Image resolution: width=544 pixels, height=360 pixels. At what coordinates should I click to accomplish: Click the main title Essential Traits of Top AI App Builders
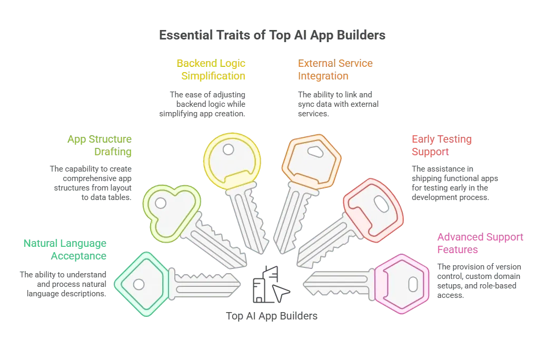tap(272, 35)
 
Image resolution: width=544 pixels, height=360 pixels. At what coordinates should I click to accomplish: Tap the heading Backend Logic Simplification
tap(211, 69)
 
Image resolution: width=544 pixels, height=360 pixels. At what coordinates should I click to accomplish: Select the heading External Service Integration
tap(335, 69)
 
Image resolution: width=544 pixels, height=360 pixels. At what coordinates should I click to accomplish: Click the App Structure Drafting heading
tap(100, 145)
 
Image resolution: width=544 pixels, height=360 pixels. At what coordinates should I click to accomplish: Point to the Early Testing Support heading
tap(442, 145)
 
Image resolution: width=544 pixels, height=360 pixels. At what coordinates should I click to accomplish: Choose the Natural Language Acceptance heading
tap(65, 249)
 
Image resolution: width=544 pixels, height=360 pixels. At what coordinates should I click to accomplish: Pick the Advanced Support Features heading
tap(480, 243)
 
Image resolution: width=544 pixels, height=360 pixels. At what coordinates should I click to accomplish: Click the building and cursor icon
tap(271, 284)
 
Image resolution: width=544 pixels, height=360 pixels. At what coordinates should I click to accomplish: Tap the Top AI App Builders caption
tap(272, 316)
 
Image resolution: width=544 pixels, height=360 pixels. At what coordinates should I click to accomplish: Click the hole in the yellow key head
tap(228, 149)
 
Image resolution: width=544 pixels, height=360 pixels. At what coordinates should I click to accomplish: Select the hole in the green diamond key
tap(139, 284)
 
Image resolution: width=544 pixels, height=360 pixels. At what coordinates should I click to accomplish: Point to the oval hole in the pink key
tap(413, 284)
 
